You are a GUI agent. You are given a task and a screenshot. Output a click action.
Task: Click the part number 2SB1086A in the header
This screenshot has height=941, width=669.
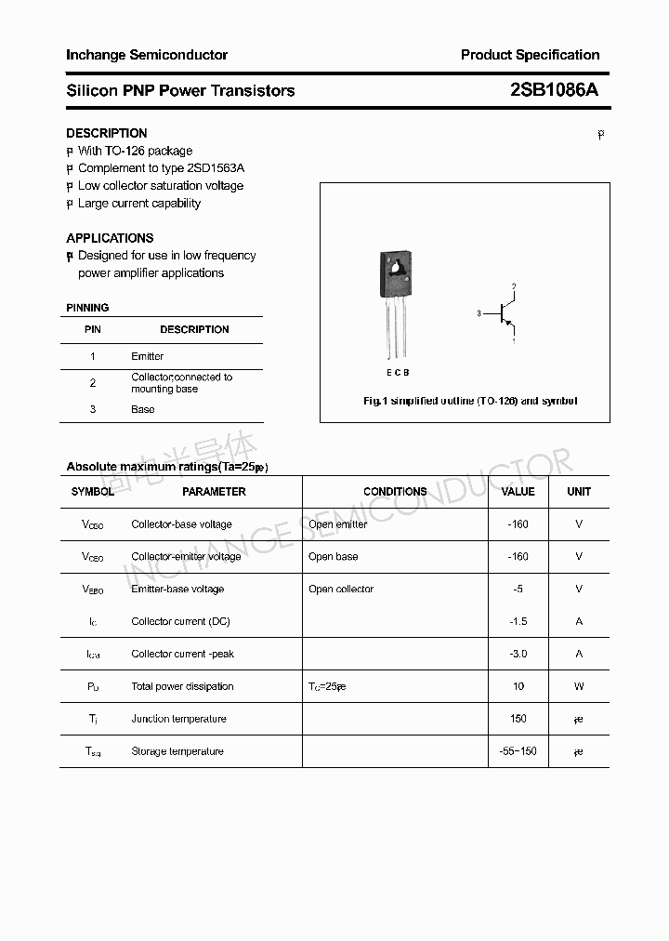[x=554, y=90]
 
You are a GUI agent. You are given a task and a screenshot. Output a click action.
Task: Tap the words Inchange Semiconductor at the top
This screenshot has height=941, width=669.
[x=147, y=55]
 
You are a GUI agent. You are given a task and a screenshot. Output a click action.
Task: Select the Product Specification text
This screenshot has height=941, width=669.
[x=530, y=55]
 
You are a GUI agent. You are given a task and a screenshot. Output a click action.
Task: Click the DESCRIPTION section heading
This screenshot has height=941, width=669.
[x=107, y=133]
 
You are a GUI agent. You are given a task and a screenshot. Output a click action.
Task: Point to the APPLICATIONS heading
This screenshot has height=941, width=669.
[x=110, y=238]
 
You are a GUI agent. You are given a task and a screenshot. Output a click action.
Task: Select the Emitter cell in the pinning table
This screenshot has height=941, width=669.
[x=148, y=356]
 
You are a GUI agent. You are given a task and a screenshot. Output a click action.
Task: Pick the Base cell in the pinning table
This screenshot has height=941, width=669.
[x=143, y=409]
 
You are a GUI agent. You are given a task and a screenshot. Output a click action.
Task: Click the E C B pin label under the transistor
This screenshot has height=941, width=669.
[x=398, y=373]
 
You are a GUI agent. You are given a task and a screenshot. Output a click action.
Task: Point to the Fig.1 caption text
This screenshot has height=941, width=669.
[x=470, y=401]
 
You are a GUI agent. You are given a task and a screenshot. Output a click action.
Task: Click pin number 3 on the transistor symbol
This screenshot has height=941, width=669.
[x=479, y=314]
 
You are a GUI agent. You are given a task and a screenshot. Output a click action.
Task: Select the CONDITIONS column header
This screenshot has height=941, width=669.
[x=395, y=492]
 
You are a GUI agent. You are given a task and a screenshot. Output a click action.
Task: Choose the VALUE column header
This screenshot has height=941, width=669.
[x=518, y=492]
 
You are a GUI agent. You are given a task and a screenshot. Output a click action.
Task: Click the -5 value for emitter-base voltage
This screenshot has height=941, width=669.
[x=518, y=590]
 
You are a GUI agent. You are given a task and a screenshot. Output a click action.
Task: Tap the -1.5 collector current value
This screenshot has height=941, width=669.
[x=518, y=621]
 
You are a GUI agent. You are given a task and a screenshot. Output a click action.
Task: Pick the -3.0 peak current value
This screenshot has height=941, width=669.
[x=518, y=654]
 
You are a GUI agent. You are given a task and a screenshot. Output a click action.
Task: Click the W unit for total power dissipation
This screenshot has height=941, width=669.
[x=579, y=686]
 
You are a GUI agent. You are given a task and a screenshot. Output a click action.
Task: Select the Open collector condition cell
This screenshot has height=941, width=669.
[x=341, y=590]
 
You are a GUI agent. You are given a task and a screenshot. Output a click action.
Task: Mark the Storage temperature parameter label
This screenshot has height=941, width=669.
[x=177, y=751]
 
